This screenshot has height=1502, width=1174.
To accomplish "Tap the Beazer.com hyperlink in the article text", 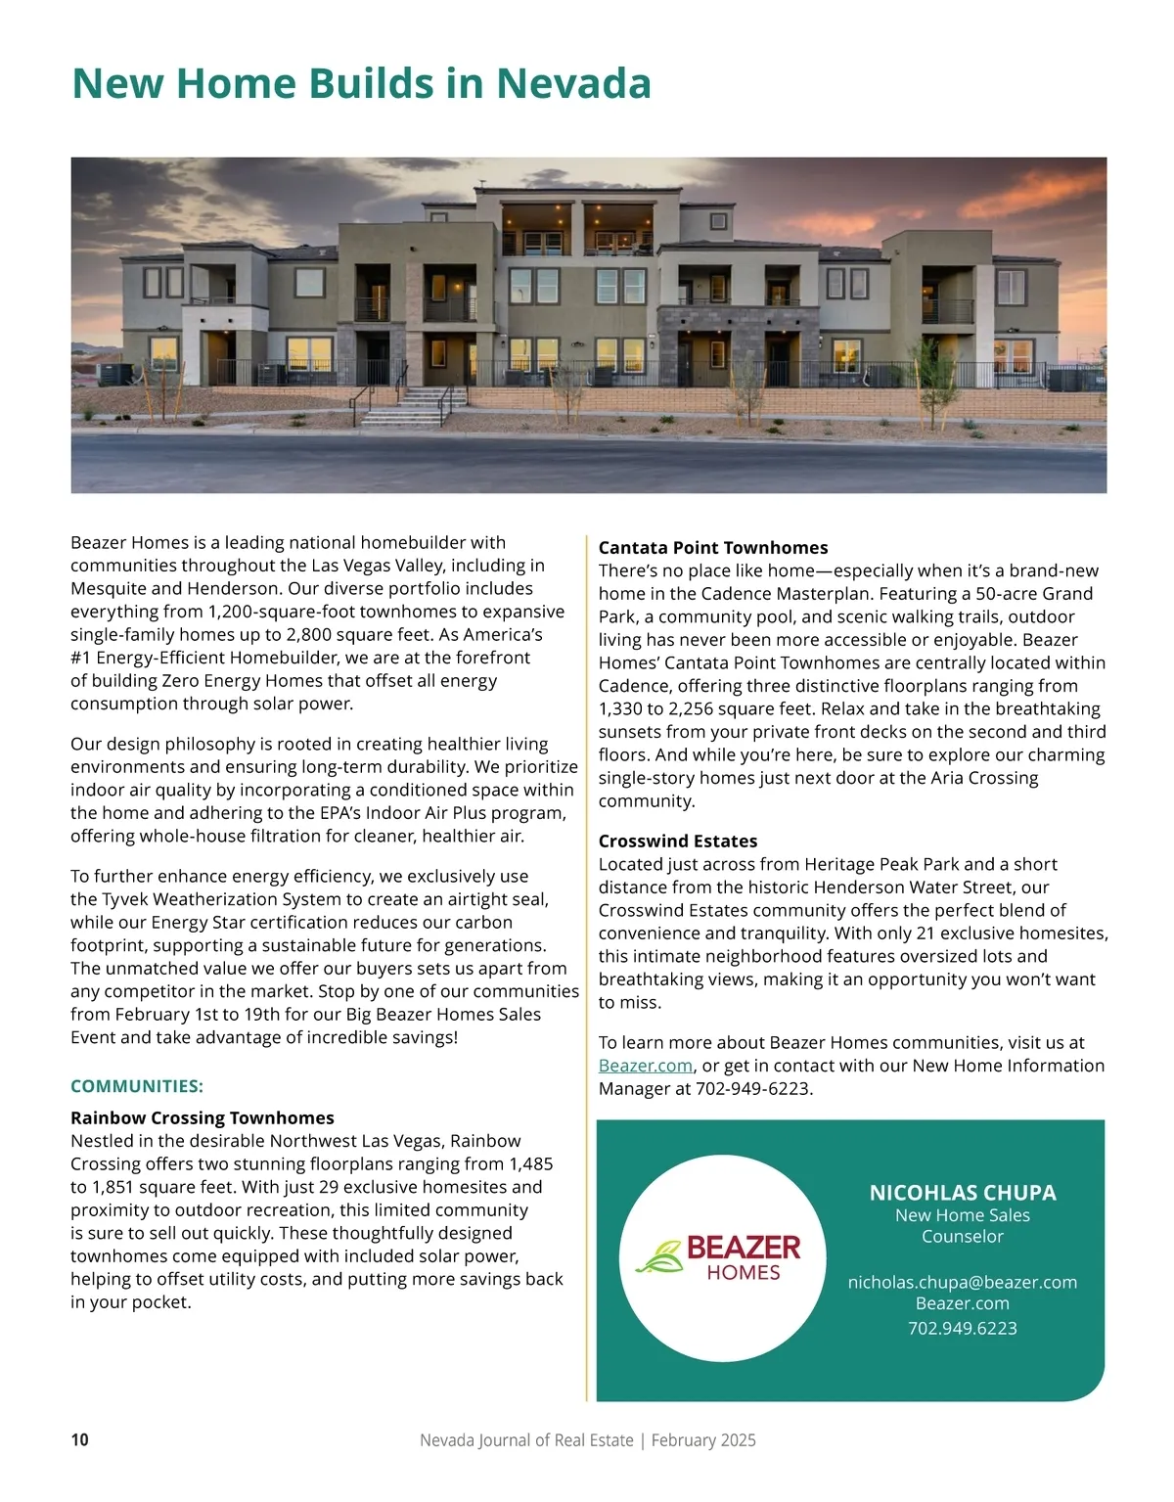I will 646,1066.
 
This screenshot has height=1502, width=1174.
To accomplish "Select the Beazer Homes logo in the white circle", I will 722,1257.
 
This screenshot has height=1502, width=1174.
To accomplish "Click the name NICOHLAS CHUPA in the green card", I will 963,1193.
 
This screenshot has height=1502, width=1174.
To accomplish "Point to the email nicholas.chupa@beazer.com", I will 963,1282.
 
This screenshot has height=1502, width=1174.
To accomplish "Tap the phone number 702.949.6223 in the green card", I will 963,1328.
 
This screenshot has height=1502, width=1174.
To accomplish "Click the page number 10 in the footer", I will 79,1439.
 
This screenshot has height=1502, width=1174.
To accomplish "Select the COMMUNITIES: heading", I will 137,1086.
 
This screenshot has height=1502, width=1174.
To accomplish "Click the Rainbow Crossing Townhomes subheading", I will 203,1117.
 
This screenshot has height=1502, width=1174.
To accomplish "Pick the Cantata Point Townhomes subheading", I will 713,548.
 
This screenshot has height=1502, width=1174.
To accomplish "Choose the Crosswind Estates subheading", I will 678,841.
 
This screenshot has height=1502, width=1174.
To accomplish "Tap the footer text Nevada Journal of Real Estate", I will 526,1440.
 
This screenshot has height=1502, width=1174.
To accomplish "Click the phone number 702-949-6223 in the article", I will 752,1088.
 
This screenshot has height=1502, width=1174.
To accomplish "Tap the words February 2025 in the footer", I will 703,1440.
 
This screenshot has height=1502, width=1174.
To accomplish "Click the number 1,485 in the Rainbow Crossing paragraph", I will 530,1163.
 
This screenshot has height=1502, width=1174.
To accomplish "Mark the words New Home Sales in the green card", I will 963,1215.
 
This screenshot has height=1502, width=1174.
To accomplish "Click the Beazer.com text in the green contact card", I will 963,1303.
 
